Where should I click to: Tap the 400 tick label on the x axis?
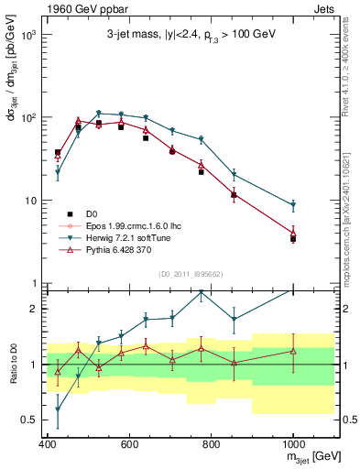coord(48,444)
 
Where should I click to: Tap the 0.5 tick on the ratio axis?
coord(30,420)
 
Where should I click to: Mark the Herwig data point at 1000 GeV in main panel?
coord(293,205)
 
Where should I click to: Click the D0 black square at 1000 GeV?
coord(293,239)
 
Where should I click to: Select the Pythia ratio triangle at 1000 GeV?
coord(293,350)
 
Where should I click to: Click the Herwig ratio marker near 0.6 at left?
coord(58,409)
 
